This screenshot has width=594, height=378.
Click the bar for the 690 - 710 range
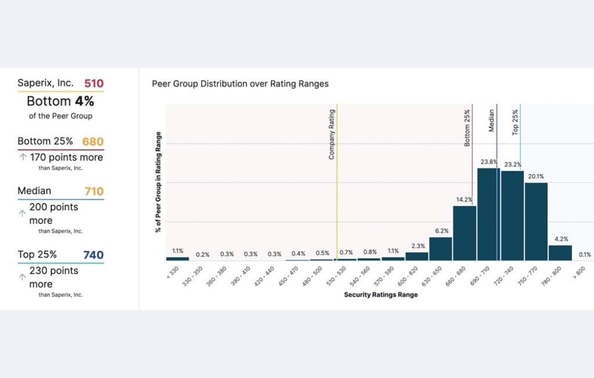click(488, 215)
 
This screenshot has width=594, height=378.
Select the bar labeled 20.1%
click(536, 221)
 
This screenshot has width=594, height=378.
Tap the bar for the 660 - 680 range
click(465, 233)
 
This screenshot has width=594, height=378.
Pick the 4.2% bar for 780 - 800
click(560, 253)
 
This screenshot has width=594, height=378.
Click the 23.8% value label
click(489, 162)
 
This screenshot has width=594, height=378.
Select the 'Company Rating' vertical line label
click(332, 135)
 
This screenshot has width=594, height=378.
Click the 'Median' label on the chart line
click(491, 121)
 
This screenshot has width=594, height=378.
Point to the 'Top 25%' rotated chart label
click(515, 123)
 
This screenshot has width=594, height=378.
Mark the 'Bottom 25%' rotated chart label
click(468, 128)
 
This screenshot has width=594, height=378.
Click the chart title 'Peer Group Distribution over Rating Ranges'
click(240, 84)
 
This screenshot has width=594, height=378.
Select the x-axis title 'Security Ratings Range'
click(381, 295)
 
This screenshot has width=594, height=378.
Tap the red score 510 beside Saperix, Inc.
click(94, 83)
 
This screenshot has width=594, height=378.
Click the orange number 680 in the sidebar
click(93, 141)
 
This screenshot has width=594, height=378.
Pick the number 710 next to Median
click(93, 191)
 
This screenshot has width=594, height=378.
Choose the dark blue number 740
click(93, 255)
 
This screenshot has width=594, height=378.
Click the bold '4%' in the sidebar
click(84, 101)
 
